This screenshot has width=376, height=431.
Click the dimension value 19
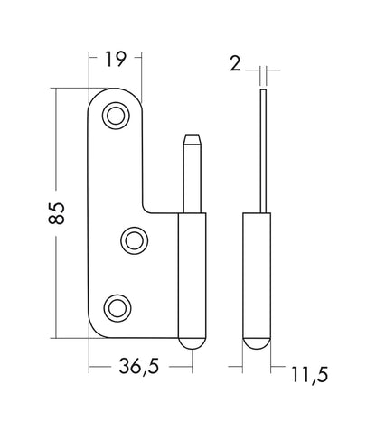115,59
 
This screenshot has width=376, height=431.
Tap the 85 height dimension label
56,213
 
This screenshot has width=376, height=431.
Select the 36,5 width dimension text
138,366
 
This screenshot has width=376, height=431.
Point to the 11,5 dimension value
309,375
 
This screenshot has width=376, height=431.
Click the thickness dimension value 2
235,63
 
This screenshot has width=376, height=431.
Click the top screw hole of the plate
116,116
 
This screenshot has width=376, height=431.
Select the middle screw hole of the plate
135,240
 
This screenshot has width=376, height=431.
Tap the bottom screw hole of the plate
117,308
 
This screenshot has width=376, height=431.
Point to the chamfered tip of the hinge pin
193,139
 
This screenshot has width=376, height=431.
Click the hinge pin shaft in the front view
193,179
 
